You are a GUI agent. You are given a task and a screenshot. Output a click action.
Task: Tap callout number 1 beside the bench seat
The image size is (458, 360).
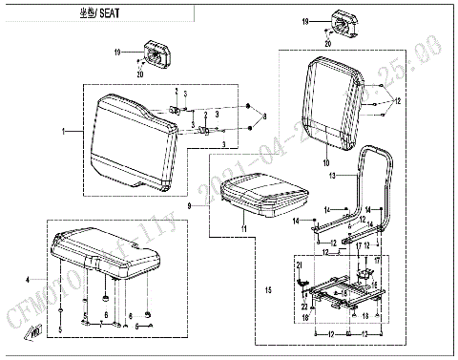64,129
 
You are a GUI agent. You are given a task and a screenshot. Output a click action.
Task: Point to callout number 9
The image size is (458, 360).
190,205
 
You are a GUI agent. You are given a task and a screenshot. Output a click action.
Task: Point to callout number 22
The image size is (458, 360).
304,306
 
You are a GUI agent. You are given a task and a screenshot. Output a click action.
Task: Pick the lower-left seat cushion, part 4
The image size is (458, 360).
105,253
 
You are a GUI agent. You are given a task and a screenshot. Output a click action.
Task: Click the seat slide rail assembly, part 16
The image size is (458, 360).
342,291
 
